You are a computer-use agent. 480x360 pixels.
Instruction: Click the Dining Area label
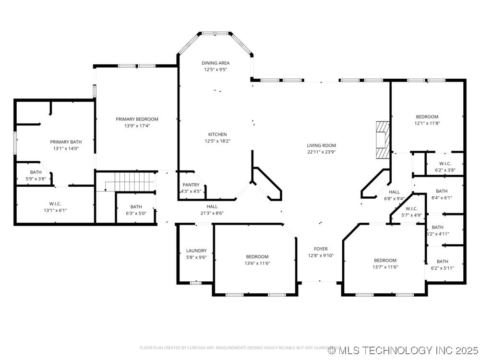pyautogui.click(x=215, y=63)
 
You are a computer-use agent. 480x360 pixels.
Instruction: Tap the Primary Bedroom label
pyautogui.click(x=137, y=119)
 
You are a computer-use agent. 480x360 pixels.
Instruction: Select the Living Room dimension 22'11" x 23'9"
pyautogui.click(x=321, y=152)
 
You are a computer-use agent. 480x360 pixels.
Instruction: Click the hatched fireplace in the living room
pyautogui.click(x=383, y=139)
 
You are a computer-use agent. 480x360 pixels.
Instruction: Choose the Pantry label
pyautogui.click(x=191, y=185)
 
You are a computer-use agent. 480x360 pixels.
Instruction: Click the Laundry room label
pyautogui.click(x=196, y=251)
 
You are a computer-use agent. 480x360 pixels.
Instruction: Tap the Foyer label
pyautogui.click(x=321, y=249)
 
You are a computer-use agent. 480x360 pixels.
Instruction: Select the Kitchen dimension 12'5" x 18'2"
pyautogui.click(x=217, y=141)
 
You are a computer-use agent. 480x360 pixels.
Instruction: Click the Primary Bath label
pyautogui.click(x=66, y=142)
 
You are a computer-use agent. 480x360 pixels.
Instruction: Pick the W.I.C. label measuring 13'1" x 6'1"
pyautogui.click(x=55, y=204)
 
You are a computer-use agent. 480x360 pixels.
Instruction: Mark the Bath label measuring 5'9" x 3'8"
pyautogui.click(x=36, y=172)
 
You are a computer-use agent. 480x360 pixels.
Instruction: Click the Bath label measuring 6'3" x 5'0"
pyautogui.click(x=136, y=206)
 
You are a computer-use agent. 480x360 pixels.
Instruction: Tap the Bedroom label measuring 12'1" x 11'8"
pyautogui.click(x=427, y=117)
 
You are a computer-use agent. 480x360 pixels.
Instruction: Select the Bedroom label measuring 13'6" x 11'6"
pyautogui.click(x=257, y=257)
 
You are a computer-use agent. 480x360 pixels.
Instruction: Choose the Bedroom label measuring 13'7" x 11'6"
pyautogui.click(x=385, y=261)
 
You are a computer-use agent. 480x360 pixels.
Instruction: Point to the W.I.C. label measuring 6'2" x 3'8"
pyautogui.click(x=444, y=163)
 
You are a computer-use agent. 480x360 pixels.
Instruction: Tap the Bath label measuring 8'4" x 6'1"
pyautogui.click(x=442, y=191)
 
